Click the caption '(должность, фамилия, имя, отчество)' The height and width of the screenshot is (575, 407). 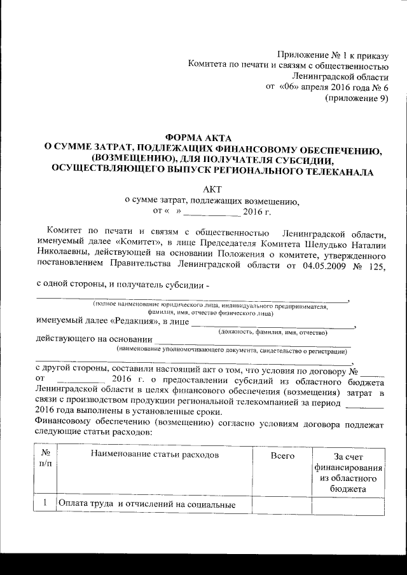click(x=273, y=332)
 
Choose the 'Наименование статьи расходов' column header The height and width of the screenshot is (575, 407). click(x=155, y=456)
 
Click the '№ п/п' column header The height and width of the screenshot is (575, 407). click(x=45, y=461)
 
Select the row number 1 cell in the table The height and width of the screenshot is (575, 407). click(x=45, y=504)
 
